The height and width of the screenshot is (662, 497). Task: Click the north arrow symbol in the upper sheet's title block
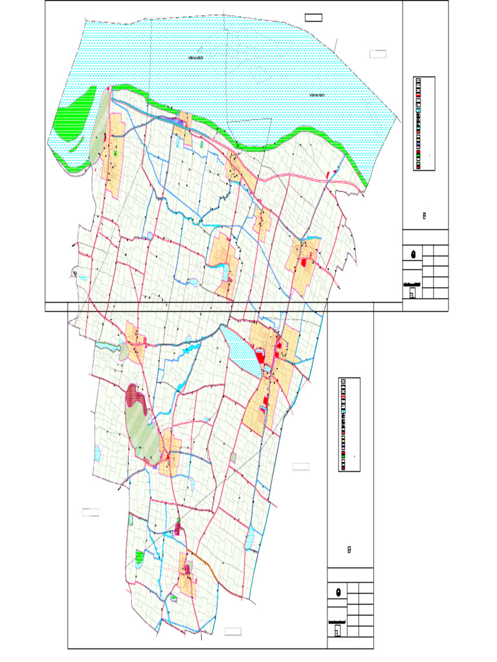pyautogui.click(x=413, y=253)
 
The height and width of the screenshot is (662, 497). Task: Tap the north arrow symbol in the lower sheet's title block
pyautogui.click(x=338, y=592)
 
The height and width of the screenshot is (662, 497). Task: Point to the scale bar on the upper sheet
pyautogui.click(x=412, y=284)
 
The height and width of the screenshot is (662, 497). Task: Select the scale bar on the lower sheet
pyautogui.click(x=337, y=622)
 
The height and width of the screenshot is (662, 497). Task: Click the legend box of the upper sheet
pyautogui.click(x=424, y=123)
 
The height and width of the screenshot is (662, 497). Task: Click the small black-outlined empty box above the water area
pyautogui.click(x=314, y=17)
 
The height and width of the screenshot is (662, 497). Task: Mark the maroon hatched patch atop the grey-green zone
pyautogui.click(x=135, y=395)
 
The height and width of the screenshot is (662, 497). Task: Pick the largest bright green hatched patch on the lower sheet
pyautogui.click(x=138, y=555)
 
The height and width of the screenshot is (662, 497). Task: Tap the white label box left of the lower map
pyautogui.click(x=90, y=513)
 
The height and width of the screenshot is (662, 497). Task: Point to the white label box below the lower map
pyautogui.click(x=233, y=631)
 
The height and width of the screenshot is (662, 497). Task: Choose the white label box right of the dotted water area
pyautogui.click(x=378, y=54)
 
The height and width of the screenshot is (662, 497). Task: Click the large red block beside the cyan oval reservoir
pyautogui.click(x=260, y=356)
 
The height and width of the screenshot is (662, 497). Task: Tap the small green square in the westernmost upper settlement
pyautogui.click(x=116, y=154)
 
